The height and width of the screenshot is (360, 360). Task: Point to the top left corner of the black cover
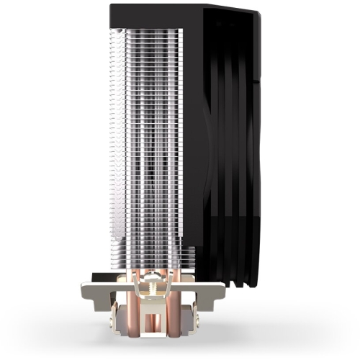coord(112,6)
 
